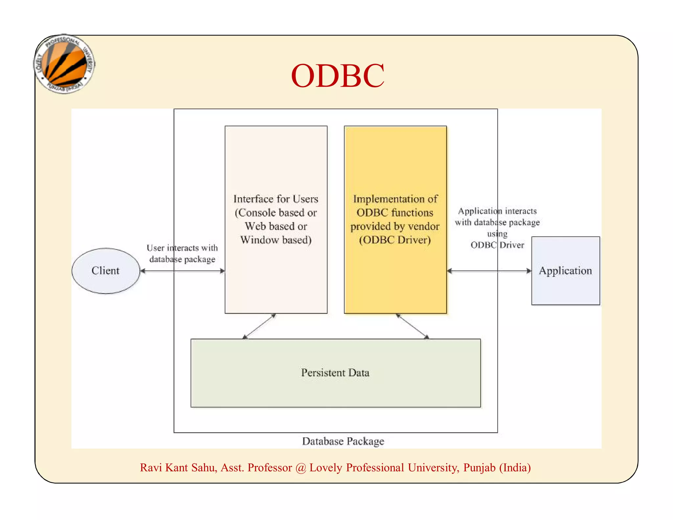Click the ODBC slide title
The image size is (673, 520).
pyautogui.click(x=337, y=76)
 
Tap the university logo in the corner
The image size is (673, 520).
pyautogui.click(x=64, y=64)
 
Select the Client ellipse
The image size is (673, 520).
pyautogui.click(x=105, y=271)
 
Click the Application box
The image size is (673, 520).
pyautogui.click(x=565, y=271)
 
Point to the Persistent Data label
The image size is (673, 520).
pyautogui.click(x=335, y=373)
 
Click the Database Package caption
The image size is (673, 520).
pyautogui.click(x=343, y=441)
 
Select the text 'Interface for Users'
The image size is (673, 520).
pyautogui.click(x=276, y=199)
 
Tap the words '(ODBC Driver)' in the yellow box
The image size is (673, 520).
pyautogui.click(x=395, y=240)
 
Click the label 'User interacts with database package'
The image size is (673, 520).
pyautogui.click(x=182, y=253)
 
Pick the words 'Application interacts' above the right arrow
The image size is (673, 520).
pyautogui.click(x=497, y=211)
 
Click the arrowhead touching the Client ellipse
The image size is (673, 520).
pyautogui.click(x=143, y=271)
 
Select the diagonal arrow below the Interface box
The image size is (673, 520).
pyautogui.click(x=259, y=326)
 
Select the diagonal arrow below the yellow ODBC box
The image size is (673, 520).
pyautogui.click(x=412, y=326)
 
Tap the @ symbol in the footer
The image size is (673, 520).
pyautogui.click(x=300, y=468)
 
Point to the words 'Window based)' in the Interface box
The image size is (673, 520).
pyautogui.click(x=276, y=240)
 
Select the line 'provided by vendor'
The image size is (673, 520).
pyautogui.click(x=395, y=226)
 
